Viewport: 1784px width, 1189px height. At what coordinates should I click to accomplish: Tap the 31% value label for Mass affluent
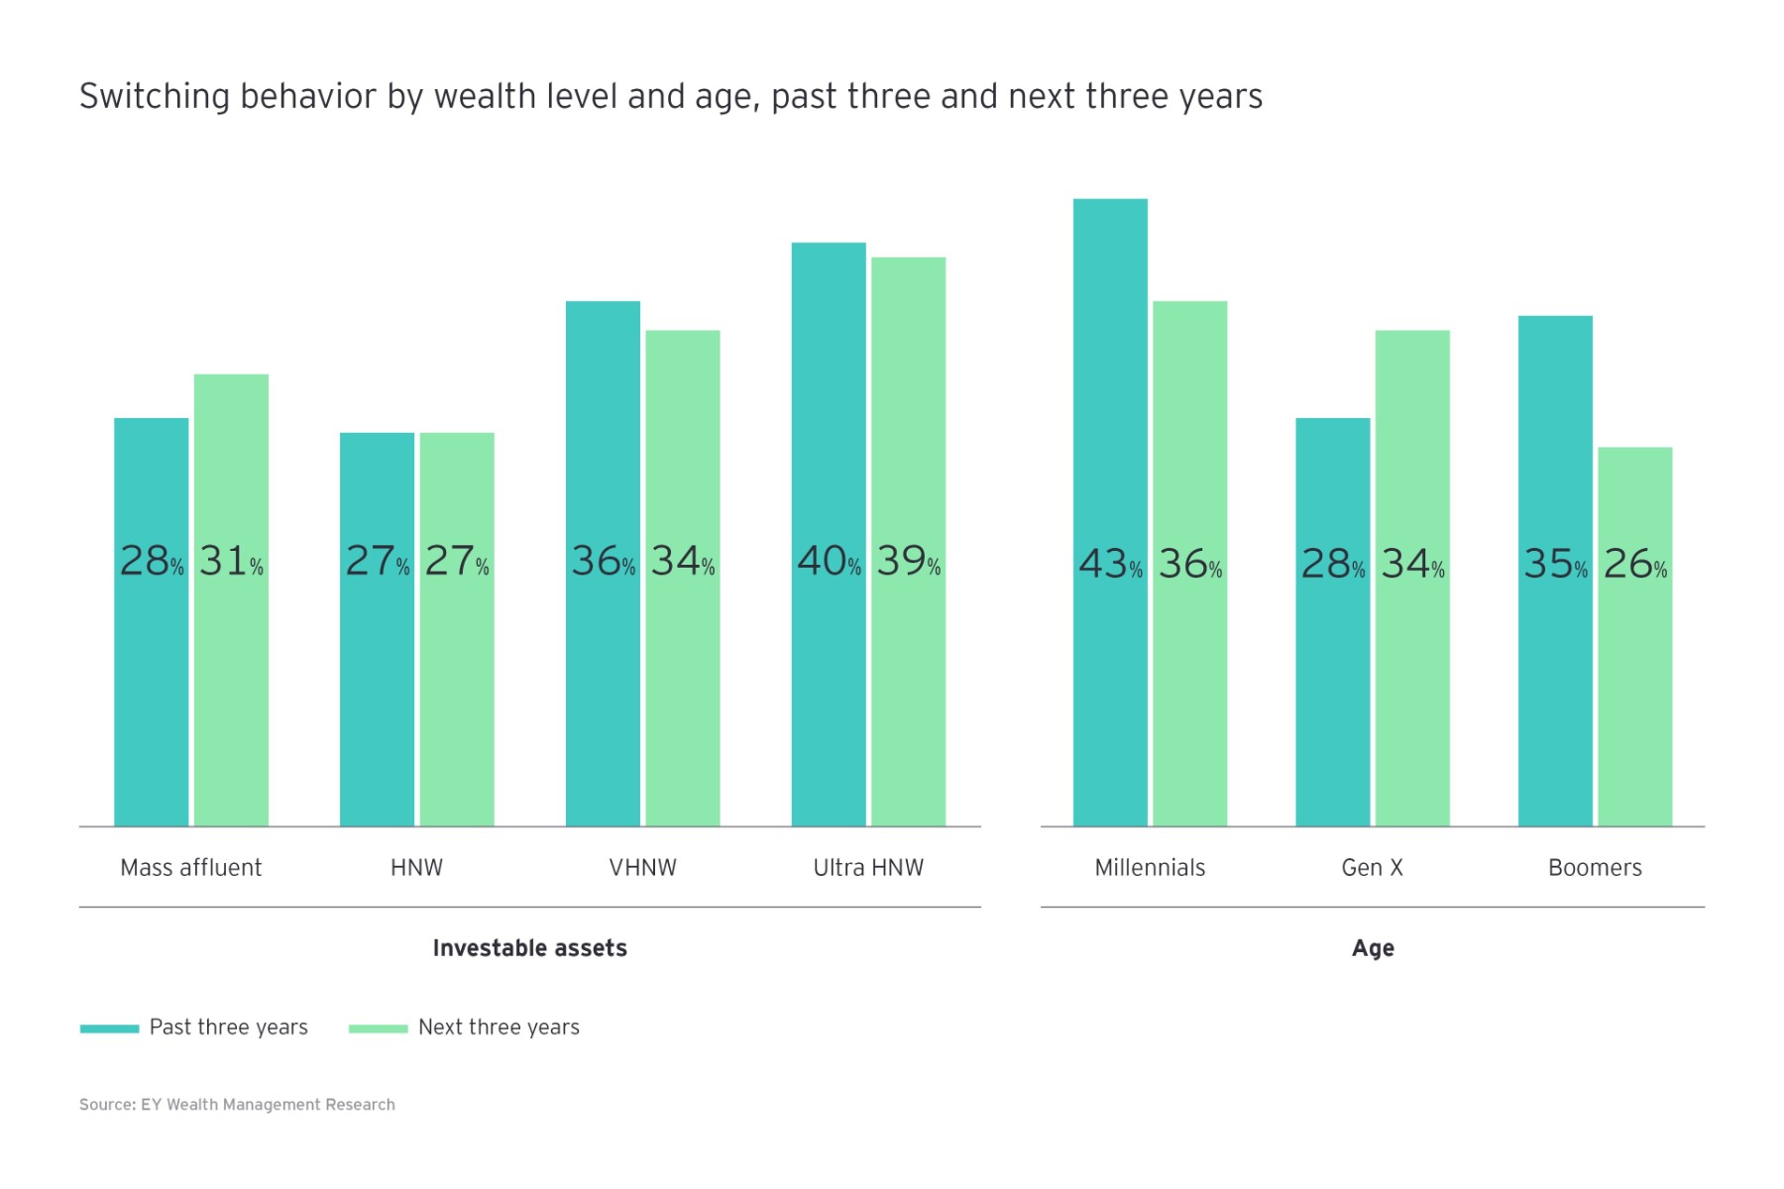(x=231, y=562)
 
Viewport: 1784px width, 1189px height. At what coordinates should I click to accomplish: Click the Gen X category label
(x=1372, y=868)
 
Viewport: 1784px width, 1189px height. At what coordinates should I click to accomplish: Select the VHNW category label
(x=642, y=868)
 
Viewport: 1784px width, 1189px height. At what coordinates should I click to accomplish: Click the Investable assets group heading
(x=529, y=948)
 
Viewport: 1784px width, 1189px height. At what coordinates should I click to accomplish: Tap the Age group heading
(x=1373, y=948)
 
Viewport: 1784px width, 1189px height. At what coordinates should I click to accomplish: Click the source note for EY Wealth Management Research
(x=237, y=1105)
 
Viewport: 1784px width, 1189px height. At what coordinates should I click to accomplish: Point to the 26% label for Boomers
(x=1634, y=565)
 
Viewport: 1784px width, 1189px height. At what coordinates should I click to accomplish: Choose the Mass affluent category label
(x=190, y=868)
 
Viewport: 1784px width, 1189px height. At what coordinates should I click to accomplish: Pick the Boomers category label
(x=1595, y=868)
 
